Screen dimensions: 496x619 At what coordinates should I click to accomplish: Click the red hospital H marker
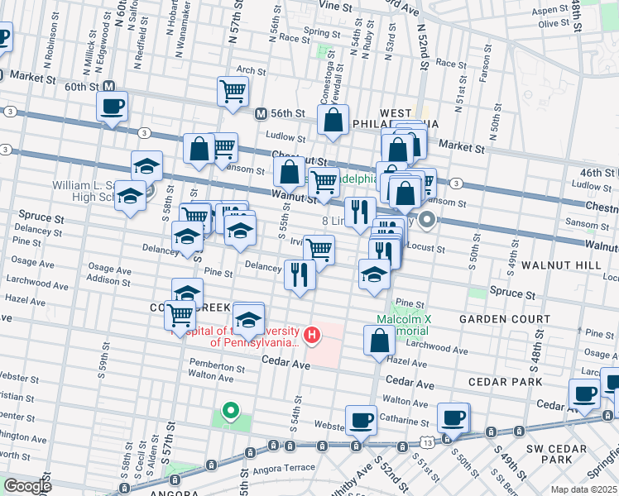coord(312,334)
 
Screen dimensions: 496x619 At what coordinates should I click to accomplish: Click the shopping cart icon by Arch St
coord(233,91)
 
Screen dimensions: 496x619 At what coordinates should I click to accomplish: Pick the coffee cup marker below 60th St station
coord(112,106)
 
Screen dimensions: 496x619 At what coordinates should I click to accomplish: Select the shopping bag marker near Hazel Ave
coord(379,341)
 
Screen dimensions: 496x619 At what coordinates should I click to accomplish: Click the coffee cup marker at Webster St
coord(361,420)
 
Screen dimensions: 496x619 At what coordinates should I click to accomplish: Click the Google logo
coord(27,486)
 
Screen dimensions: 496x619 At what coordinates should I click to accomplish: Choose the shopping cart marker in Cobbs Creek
coord(180,314)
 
